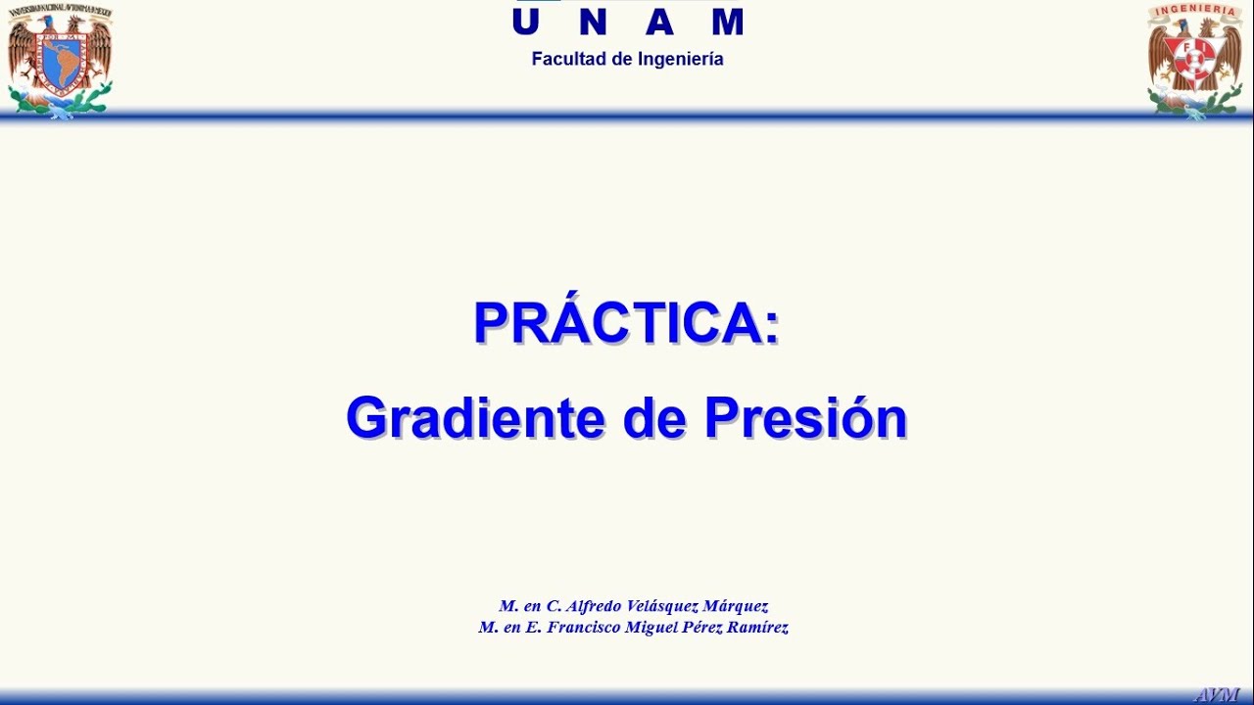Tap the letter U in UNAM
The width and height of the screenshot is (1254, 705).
point(526,22)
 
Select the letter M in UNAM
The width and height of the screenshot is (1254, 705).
point(727,22)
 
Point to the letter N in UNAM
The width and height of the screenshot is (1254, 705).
point(592,22)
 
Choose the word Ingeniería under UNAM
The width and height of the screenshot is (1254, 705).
point(680,60)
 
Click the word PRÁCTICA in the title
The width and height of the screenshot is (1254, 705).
point(617,322)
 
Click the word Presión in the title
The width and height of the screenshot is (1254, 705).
point(805,418)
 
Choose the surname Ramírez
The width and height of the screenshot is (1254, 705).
point(757,628)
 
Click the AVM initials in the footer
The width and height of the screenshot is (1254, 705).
point(1217,694)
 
